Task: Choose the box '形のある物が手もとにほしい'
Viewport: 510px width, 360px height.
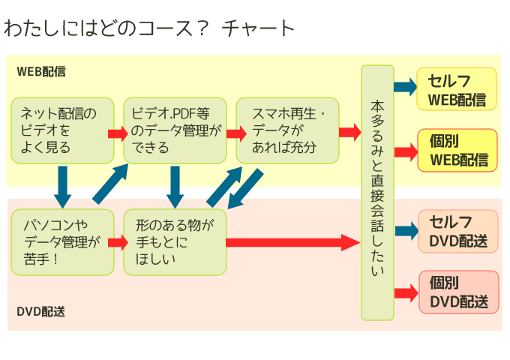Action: [175, 242]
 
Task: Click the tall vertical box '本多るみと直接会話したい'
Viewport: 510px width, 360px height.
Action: [377, 193]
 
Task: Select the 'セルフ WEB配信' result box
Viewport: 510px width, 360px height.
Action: [457, 89]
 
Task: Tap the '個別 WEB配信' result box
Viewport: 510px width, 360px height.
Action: [457, 151]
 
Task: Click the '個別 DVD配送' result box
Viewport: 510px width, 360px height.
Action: [457, 292]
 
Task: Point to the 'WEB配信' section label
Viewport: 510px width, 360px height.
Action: [41, 72]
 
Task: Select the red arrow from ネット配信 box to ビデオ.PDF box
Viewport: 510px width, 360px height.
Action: [118, 133]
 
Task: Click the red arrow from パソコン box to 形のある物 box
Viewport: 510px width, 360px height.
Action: [118, 242]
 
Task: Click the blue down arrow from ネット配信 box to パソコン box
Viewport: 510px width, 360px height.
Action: [63, 186]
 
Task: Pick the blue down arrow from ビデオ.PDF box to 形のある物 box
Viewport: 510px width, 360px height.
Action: [175, 186]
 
